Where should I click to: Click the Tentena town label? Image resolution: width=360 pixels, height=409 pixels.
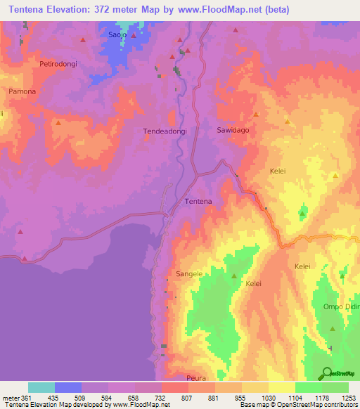pyautogui.click(x=198, y=202)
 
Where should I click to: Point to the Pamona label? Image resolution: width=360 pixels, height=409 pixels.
pyautogui.click(x=21, y=92)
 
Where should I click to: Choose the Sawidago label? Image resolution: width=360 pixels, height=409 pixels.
pyautogui.click(x=232, y=130)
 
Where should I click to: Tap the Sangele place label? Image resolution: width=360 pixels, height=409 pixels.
pyautogui.click(x=189, y=273)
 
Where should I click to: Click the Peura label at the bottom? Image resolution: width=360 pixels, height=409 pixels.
pyautogui.click(x=197, y=378)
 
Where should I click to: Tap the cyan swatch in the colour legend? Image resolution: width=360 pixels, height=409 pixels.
pyautogui.click(x=41, y=387)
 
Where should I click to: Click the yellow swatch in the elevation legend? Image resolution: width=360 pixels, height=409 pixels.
pyautogui.click(x=282, y=387)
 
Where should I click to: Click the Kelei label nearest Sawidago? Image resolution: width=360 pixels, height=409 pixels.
pyautogui.click(x=278, y=171)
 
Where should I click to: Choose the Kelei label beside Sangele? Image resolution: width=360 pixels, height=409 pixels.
pyautogui.click(x=253, y=283)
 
